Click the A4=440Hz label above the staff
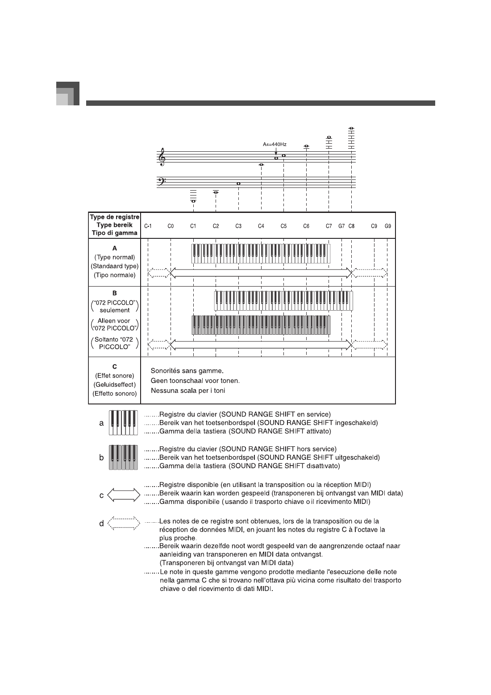(x=274, y=145)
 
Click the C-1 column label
(x=148, y=226)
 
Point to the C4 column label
(x=261, y=226)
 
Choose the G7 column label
(x=341, y=226)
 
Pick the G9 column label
(x=388, y=226)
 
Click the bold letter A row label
(x=115, y=248)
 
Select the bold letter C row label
(x=115, y=366)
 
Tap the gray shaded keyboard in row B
(x=261, y=325)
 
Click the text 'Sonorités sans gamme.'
(x=187, y=371)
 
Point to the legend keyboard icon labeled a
(x=124, y=423)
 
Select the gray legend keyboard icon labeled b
(x=124, y=458)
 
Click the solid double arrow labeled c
(x=124, y=495)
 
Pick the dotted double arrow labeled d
(x=124, y=523)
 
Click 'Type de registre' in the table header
(x=115, y=217)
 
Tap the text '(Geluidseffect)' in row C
(x=115, y=384)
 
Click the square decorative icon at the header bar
(x=67, y=94)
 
